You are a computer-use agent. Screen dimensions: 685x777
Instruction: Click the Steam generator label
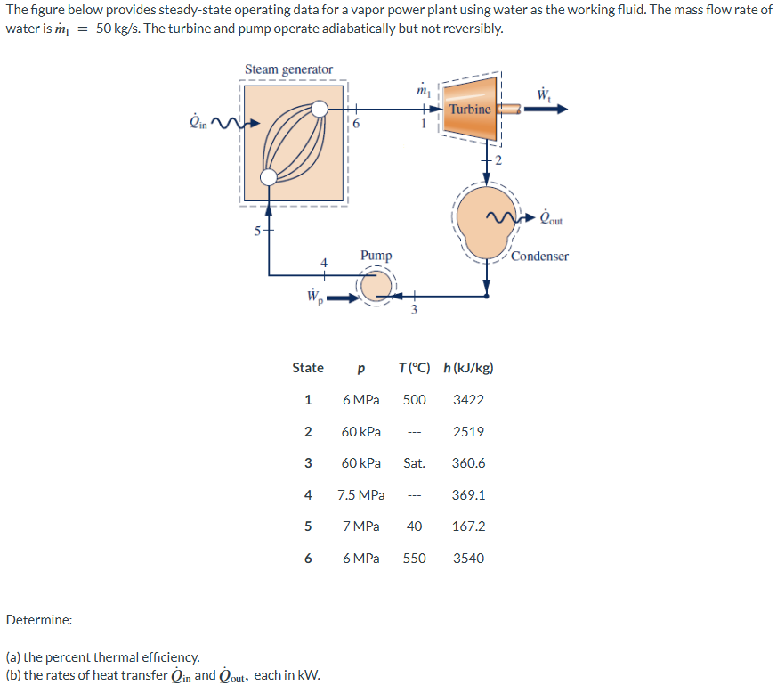(x=288, y=69)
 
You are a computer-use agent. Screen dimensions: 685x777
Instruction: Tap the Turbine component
(x=469, y=109)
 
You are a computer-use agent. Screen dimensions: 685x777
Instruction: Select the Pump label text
(x=376, y=256)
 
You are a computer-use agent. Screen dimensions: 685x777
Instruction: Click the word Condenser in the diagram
(x=539, y=257)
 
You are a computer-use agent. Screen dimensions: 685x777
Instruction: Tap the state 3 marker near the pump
(x=412, y=309)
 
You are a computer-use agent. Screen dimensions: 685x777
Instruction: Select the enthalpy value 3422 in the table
(x=468, y=400)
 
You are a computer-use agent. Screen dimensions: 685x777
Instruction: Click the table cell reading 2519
(x=468, y=432)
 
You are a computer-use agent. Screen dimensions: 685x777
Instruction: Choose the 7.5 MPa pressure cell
(x=360, y=495)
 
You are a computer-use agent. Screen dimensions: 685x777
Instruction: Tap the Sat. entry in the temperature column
(x=414, y=463)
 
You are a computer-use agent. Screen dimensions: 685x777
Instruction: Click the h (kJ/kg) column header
(x=468, y=368)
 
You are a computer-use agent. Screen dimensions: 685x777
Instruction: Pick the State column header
(x=308, y=368)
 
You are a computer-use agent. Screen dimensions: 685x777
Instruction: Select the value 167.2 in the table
(x=468, y=526)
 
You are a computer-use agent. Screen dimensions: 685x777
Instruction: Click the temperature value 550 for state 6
(x=414, y=559)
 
